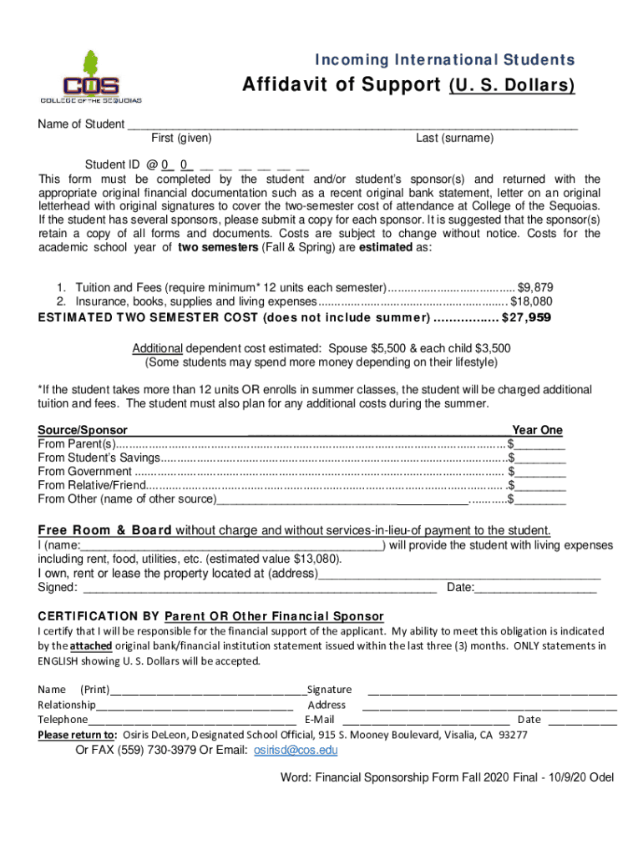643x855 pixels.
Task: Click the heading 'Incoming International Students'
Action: [x=443, y=60]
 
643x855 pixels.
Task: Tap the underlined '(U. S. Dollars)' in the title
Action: [x=511, y=86]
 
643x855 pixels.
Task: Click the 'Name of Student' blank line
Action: [x=352, y=125]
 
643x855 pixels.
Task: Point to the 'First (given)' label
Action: [x=181, y=138]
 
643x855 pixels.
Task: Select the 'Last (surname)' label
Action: [x=455, y=138]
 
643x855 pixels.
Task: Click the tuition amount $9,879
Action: [x=535, y=286]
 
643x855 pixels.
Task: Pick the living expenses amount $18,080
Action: [x=531, y=301]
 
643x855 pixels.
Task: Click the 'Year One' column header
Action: [x=537, y=430]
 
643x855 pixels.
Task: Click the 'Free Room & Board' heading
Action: [x=105, y=530]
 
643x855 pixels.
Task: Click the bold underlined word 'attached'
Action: [x=91, y=646]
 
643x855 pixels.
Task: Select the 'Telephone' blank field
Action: [x=191, y=720]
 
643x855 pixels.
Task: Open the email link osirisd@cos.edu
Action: [x=296, y=750]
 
